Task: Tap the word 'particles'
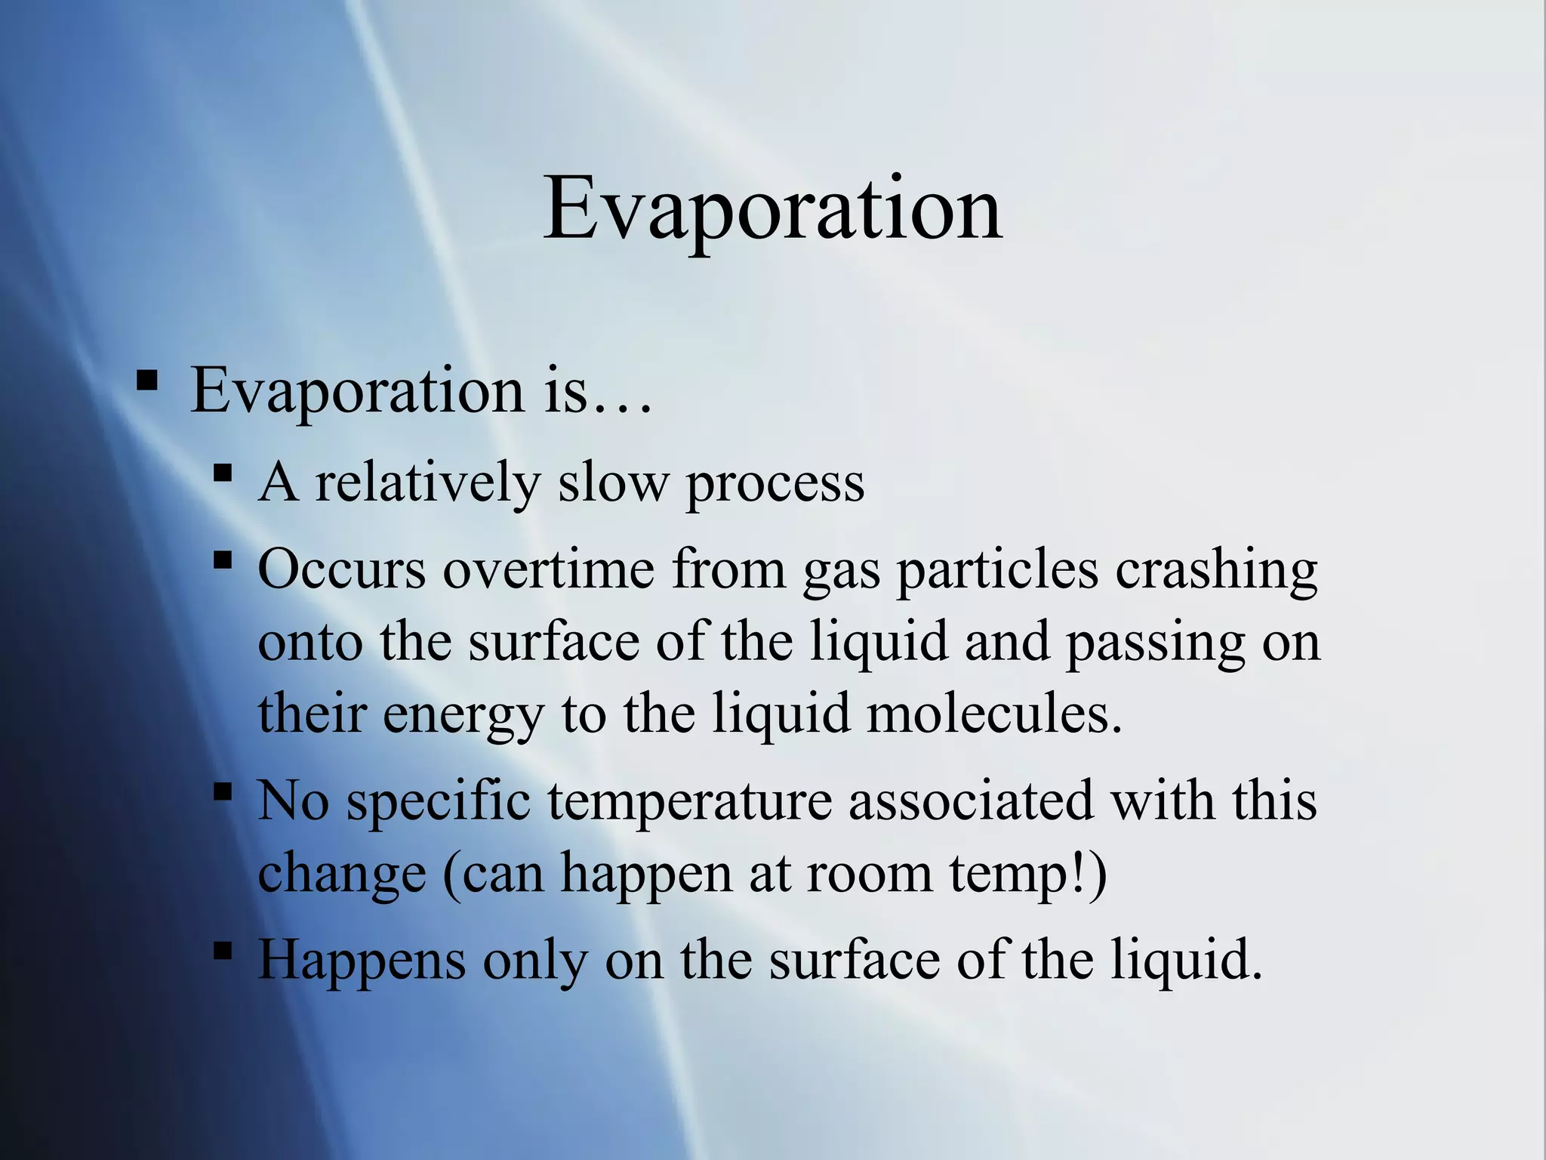tap(996, 571)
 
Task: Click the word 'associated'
tap(971, 801)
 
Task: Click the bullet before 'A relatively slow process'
tap(222, 474)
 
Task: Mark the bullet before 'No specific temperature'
tap(222, 791)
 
